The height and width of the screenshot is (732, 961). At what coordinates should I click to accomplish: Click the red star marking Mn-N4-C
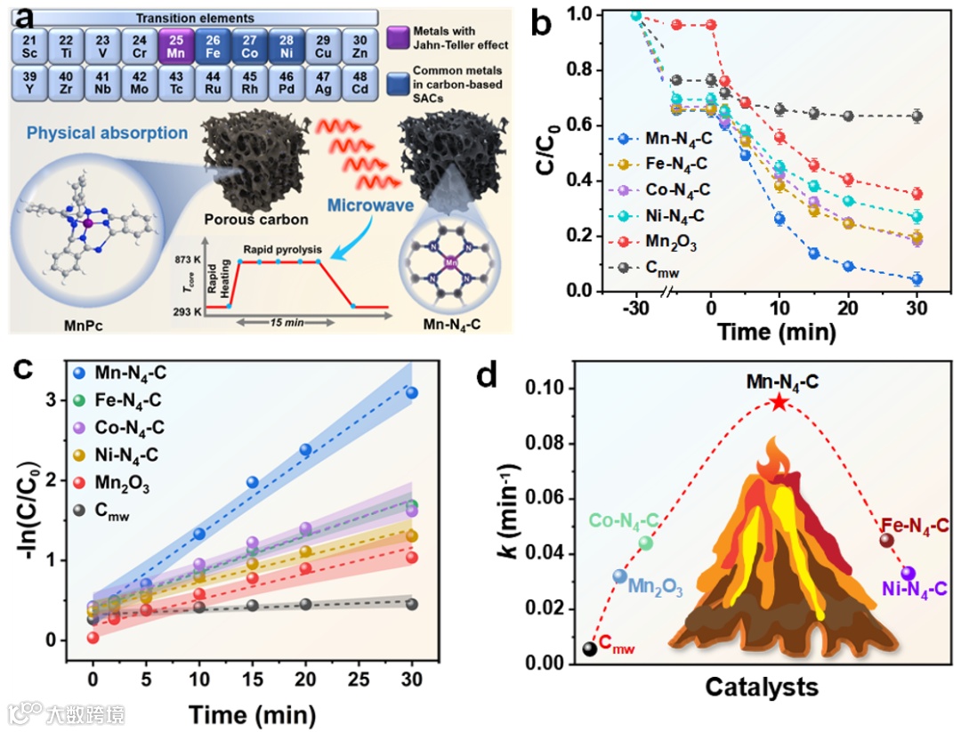[x=779, y=403]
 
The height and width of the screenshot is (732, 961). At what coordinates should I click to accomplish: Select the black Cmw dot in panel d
[x=590, y=648]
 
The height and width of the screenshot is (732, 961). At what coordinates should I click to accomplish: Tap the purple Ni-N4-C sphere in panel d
[x=908, y=573]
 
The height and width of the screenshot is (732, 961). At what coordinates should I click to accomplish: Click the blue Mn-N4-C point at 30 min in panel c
[x=411, y=393]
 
